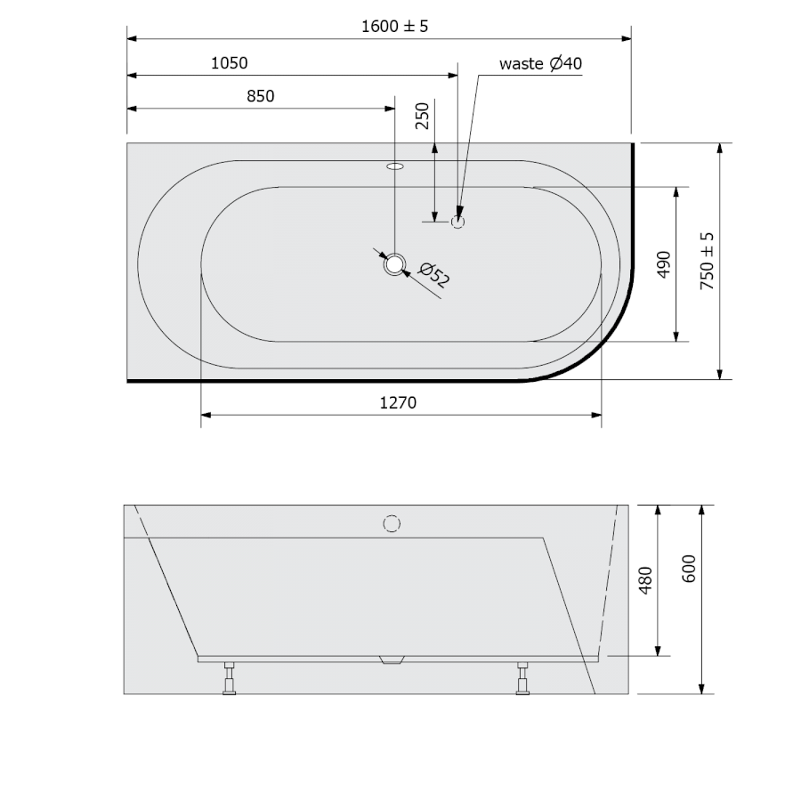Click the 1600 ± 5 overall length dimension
394,26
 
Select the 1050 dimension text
230,63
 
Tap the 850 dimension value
261,96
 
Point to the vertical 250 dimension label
423,116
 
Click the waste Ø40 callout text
540,64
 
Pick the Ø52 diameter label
434,275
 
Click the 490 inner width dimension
664,264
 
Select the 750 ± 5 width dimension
707,261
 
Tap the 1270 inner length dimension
398,403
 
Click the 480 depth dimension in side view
646,580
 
